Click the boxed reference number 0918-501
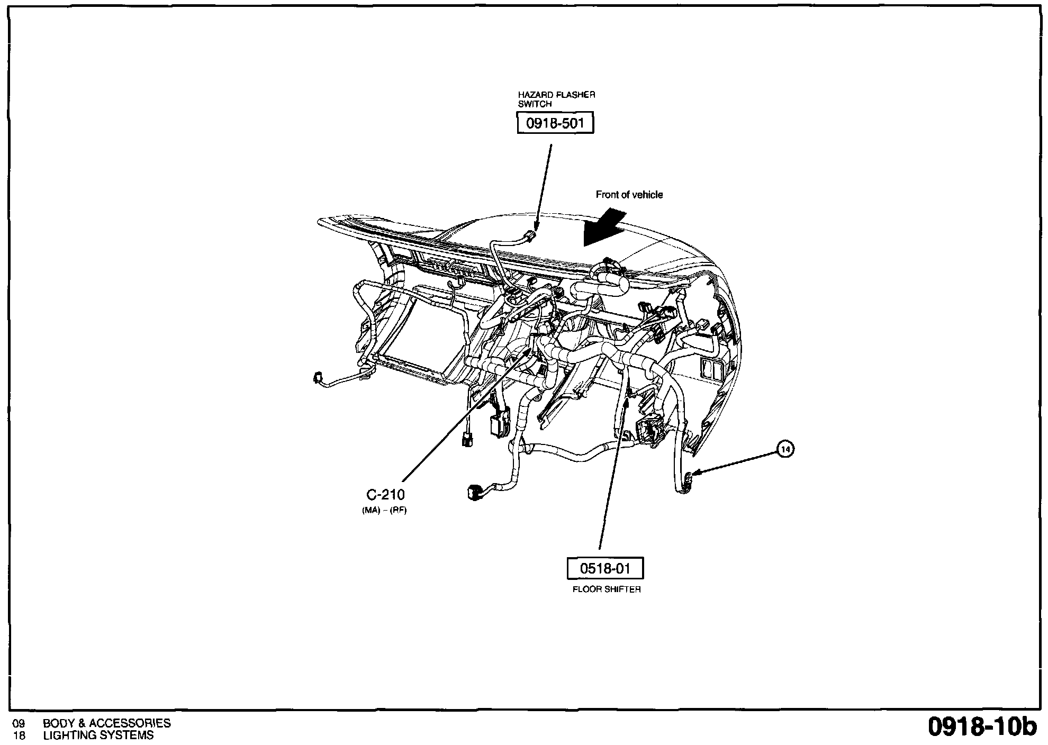[555, 123]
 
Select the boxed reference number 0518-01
[606, 569]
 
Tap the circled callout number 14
[787, 449]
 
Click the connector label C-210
[386, 494]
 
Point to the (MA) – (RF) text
[384, 511]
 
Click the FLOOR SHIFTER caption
[607, 589]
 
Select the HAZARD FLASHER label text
[557, 95]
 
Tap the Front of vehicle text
[629, 195]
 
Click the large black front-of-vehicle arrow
[604, 228]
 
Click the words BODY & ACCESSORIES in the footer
[107, 723]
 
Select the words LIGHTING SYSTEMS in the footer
[98, 735]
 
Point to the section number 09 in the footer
[19, 723]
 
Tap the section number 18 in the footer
[19, 735]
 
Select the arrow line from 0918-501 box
[544, 188]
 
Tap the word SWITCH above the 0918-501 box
[535, 104]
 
